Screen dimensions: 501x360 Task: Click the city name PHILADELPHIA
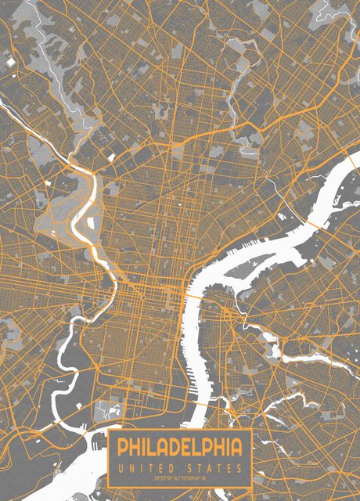[x=180, y=449]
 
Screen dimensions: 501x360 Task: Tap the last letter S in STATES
[x=240, y=468]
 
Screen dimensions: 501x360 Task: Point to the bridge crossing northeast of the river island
[x=313, y=224]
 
